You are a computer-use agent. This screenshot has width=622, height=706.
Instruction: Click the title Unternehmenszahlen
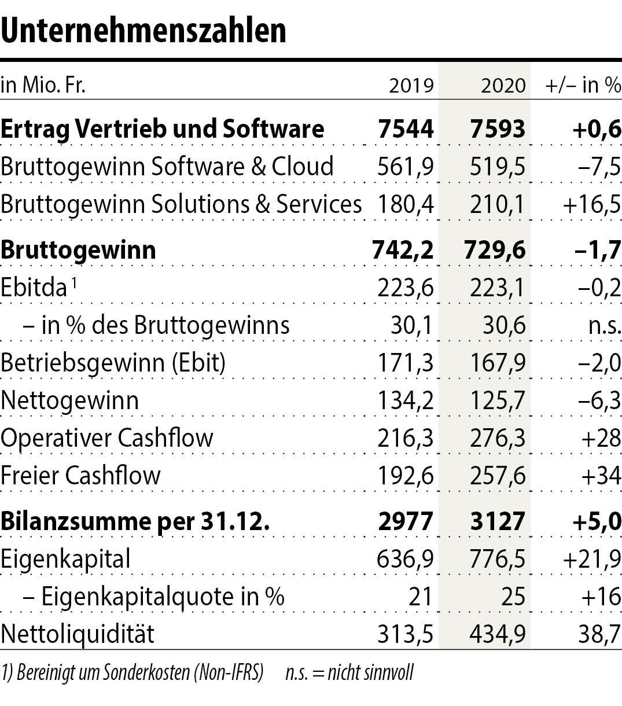143,30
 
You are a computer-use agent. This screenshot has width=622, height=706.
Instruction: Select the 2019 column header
411,86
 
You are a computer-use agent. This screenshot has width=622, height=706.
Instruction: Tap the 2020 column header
503,86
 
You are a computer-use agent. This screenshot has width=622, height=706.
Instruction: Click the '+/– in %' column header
583,85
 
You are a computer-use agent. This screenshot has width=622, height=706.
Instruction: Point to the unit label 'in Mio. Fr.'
43,86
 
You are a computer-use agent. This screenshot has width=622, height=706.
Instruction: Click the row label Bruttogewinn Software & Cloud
167,167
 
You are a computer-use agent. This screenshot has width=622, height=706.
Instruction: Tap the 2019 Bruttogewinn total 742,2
403,250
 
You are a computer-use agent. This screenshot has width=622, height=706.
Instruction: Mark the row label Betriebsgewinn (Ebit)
113,363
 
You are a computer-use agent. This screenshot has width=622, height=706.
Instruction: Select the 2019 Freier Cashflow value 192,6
405,476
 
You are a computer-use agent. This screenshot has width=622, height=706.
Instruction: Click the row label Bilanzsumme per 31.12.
135,521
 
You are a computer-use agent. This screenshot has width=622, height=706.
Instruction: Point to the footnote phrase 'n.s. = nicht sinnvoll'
349,673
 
